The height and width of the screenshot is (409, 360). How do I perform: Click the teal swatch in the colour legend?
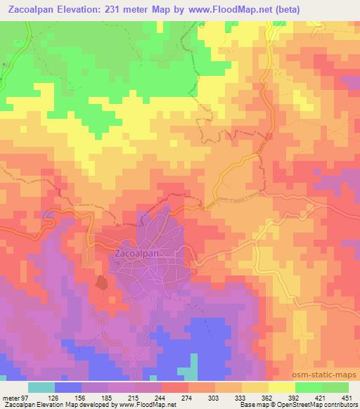click(41, 387)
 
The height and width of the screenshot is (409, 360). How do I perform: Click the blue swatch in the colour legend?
click(68, 387)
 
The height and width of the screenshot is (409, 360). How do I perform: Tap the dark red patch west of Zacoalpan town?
click(101, 283)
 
